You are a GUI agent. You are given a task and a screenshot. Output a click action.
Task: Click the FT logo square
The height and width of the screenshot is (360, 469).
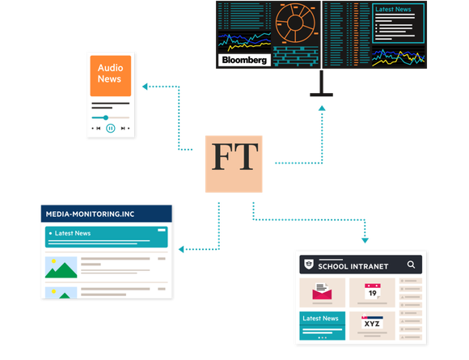point(234,164)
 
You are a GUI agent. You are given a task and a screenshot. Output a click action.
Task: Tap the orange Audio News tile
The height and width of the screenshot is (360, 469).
point(111,76)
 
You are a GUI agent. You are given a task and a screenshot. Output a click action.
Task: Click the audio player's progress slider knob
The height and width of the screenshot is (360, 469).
point(106,117)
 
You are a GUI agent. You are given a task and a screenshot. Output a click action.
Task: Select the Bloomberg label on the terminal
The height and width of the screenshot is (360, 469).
point(244,60)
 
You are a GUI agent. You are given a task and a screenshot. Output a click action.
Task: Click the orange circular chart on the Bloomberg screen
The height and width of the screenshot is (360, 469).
point(295,23)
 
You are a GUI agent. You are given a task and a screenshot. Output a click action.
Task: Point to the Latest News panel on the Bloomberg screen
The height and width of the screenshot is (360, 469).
point(398,23)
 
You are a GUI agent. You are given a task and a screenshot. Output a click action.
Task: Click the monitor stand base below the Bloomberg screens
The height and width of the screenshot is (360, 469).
point(321,95)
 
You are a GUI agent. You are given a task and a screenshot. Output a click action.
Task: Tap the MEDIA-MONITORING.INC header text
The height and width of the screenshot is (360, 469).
point(90,214)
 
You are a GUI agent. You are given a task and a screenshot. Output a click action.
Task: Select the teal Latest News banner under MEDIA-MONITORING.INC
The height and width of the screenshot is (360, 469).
point(106,237)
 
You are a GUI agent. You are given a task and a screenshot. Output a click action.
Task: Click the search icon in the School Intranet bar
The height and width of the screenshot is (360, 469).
point(411,265)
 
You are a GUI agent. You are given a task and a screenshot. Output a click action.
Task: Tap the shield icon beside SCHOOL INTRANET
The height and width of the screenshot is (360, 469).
point(309,265)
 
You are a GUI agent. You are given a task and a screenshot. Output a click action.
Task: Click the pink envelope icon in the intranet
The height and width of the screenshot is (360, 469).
point(322,292)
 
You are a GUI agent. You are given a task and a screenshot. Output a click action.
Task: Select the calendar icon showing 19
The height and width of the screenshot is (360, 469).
point(373,291)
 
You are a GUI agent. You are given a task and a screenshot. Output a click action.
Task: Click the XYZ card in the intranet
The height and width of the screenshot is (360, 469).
point(372,325)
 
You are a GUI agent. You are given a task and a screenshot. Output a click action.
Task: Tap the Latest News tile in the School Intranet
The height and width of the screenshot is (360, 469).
point(323,325)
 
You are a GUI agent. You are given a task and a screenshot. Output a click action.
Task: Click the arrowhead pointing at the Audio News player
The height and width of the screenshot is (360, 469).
point(145,87)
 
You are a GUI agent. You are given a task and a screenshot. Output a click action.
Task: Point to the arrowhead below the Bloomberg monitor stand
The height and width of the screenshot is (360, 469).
point(322,108)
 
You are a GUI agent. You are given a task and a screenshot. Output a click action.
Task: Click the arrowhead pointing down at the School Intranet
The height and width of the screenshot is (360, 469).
point(365,240)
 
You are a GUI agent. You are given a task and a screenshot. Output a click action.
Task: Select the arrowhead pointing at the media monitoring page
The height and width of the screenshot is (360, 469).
point(181,249)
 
